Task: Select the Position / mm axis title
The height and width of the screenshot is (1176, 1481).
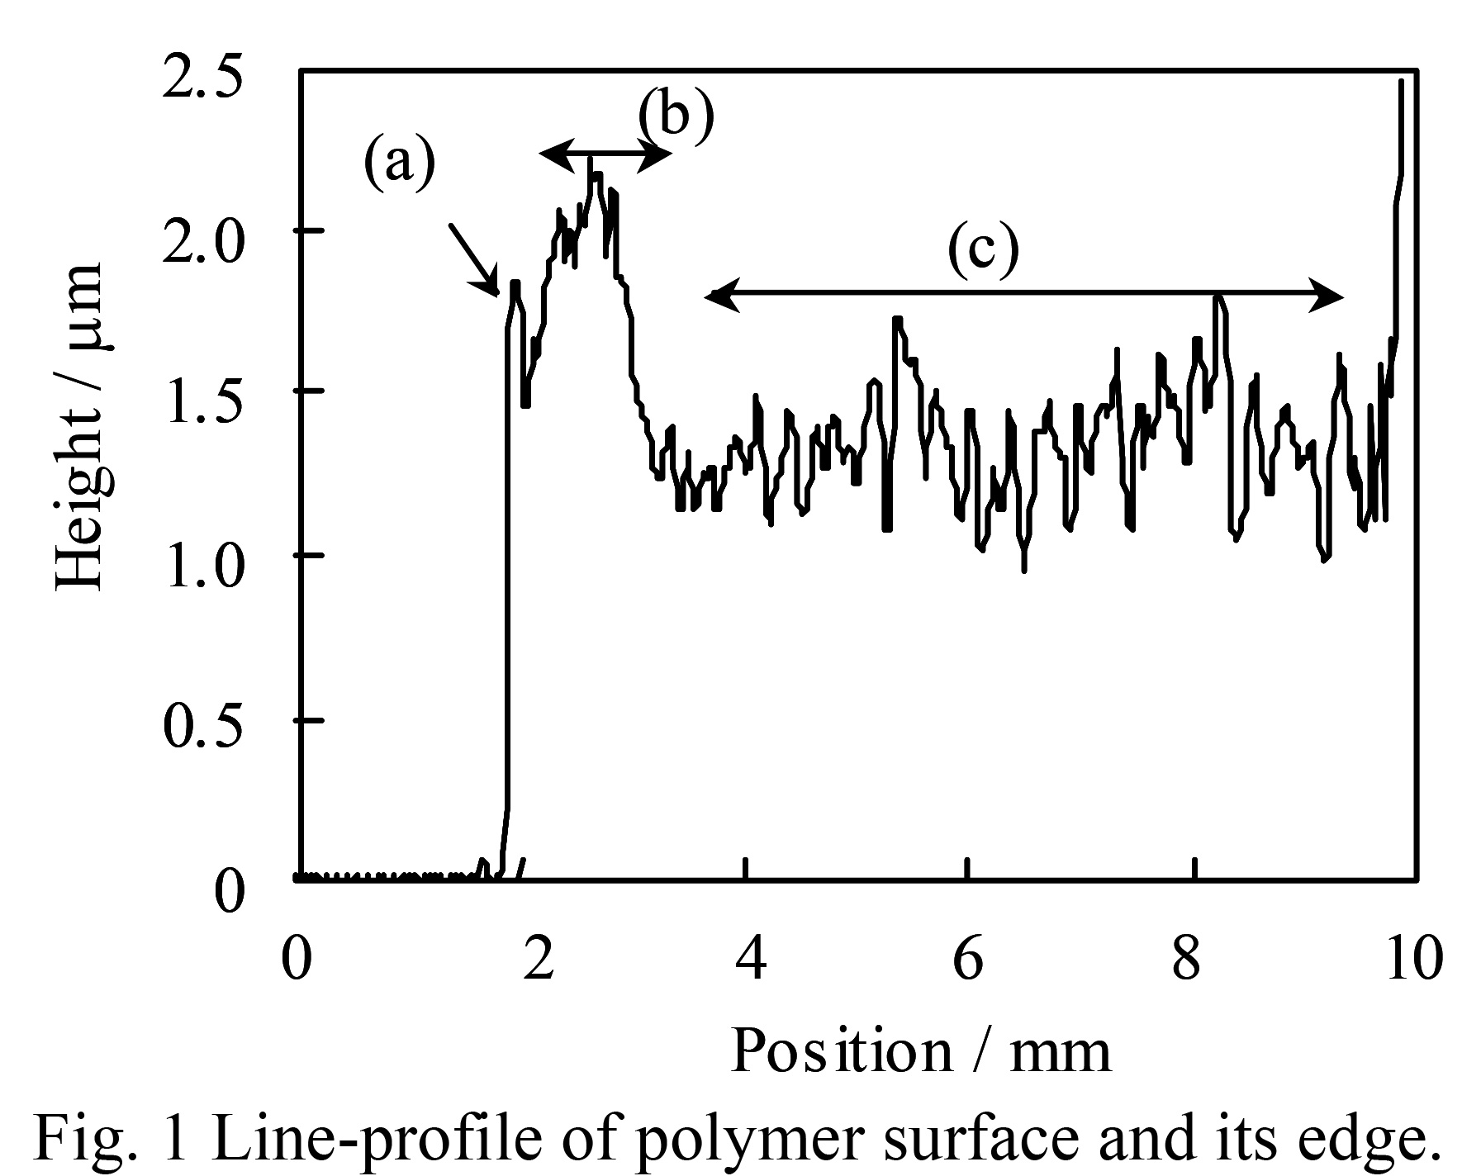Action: point(921,1052)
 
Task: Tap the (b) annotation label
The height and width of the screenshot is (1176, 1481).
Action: point(676,116)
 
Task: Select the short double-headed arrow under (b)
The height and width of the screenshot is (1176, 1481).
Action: point(605,154)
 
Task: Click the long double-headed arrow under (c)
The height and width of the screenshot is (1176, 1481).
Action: point(1024,293)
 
